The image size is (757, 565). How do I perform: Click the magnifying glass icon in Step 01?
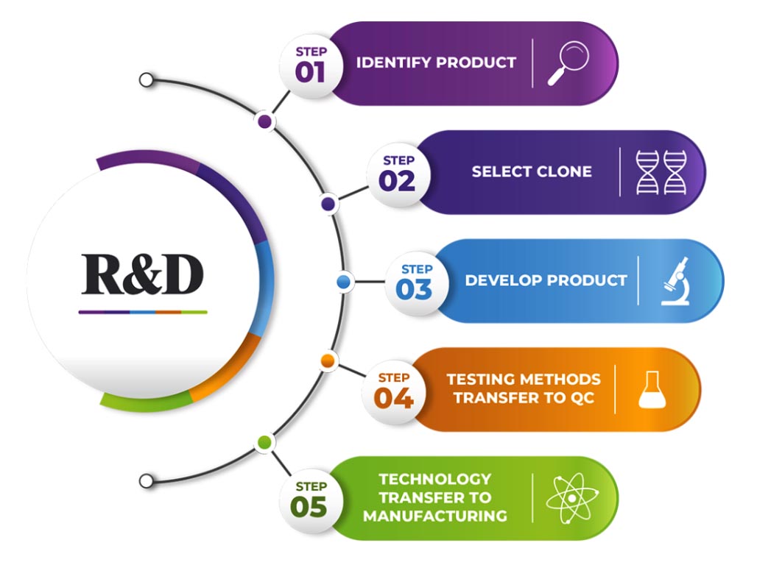568,63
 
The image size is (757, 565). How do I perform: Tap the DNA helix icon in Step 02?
661,172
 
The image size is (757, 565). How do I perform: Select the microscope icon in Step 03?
675,281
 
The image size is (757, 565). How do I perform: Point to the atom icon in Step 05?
572,498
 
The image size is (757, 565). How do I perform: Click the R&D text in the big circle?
142,274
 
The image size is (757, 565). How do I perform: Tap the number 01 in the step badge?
310,72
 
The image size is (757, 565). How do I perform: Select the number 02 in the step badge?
397,181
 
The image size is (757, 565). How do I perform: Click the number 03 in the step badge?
414,290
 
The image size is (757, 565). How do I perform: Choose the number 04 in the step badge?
393,398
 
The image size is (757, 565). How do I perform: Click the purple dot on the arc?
264,121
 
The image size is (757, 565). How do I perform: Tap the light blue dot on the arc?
343,282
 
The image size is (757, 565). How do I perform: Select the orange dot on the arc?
328,361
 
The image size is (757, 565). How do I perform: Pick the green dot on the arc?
264,442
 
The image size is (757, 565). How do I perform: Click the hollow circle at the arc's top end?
146,79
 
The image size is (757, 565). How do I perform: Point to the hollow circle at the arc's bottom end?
146,481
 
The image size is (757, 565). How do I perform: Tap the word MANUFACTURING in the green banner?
435,516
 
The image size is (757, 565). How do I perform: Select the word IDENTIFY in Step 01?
393,63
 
